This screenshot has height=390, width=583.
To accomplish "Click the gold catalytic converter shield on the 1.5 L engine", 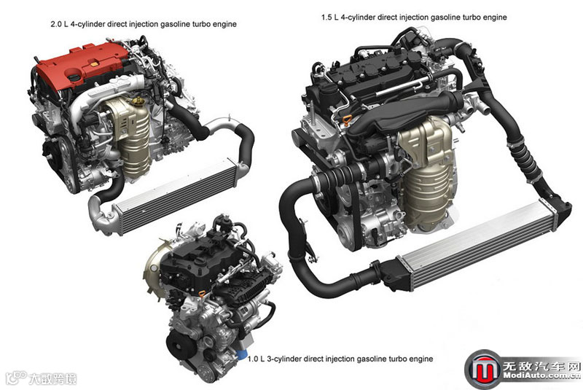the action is (x=428, y=175).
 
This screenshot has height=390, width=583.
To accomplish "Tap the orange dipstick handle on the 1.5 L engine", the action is (x=348, y=120).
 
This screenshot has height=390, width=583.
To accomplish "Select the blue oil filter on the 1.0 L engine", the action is (x=242, y=354).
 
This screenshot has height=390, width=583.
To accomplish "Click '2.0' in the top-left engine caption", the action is (x=56, y=24).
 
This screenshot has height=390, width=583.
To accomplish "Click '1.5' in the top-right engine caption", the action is (x=326, y=17).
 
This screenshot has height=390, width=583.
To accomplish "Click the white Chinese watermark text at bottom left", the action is (x=52, y=378).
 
